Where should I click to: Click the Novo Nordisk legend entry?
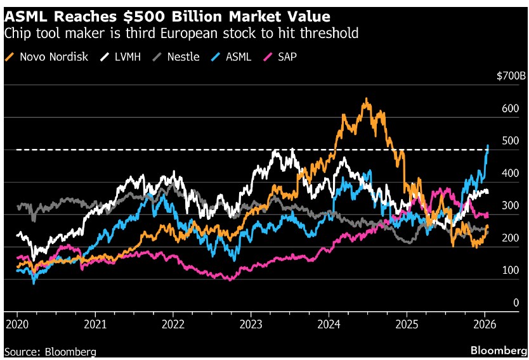[53, 57]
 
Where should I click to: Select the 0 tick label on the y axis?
[516, 303]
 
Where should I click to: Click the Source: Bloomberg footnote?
[51, 350]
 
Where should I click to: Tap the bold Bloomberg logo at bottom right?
[497, 350]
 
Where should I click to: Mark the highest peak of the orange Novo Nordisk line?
[366, 99]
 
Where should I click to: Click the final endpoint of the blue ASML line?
[488, 145]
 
